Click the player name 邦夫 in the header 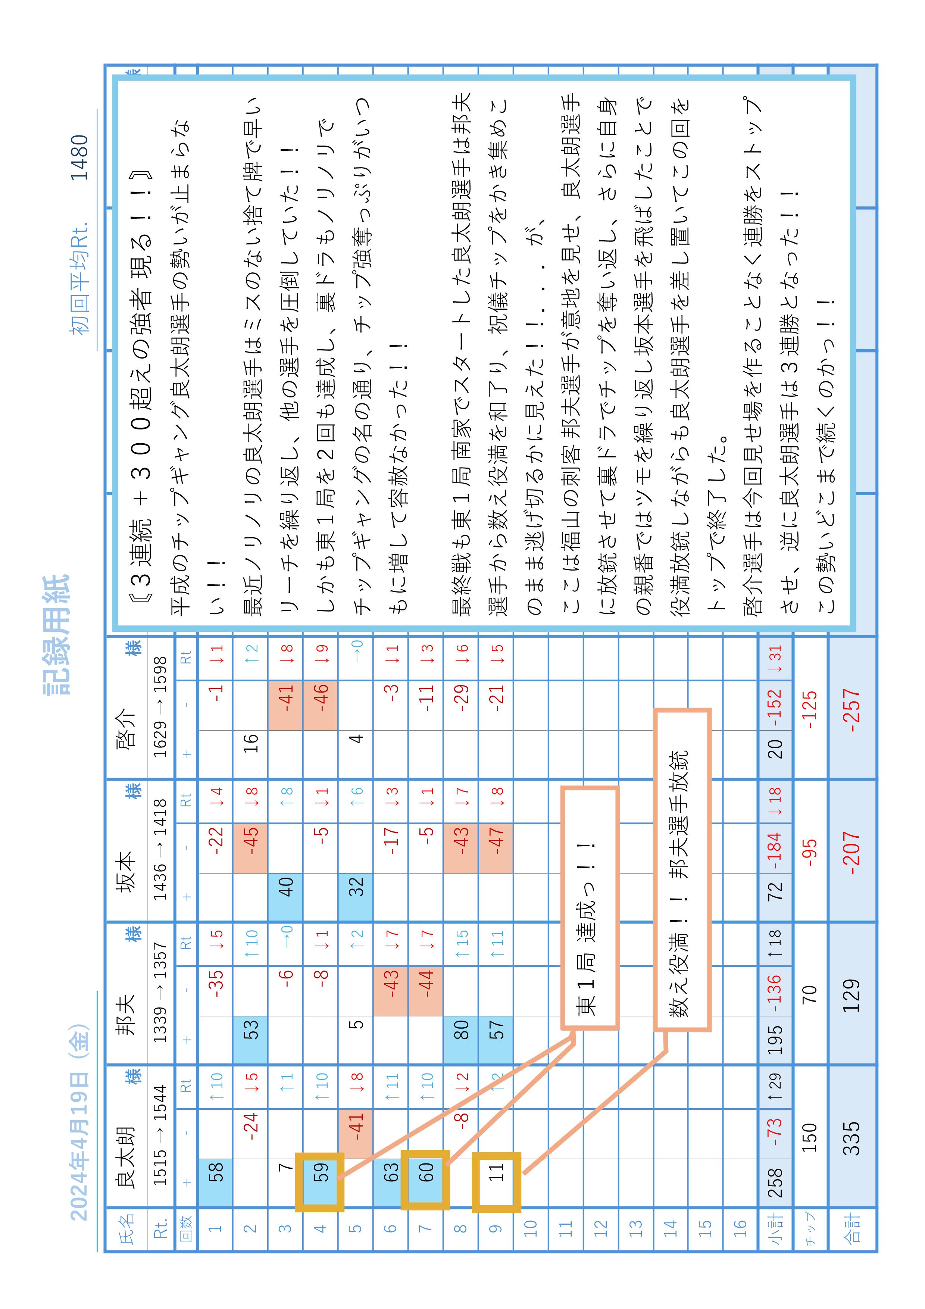[x=125, y=1015]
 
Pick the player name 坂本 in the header [x=125, y=872]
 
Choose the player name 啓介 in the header [x=125, y=730]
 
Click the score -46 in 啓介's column [x=321, y=696]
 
